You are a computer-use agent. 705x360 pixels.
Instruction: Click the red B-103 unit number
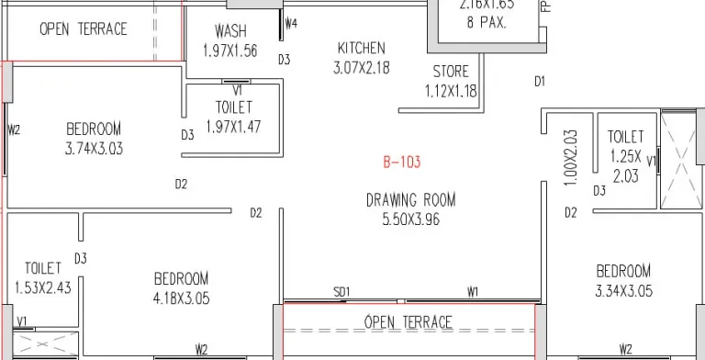coord(401,163)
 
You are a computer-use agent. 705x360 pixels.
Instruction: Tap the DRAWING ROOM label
coord(410,200)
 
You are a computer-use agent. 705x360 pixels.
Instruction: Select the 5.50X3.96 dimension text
coord(410,219)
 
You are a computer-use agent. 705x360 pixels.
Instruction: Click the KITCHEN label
coord(361,48)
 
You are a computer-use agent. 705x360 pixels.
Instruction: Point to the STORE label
coord(451,72)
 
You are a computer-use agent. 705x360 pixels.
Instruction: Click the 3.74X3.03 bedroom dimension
coord(94,149)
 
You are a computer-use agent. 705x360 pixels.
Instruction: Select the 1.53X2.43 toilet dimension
coord(43,287)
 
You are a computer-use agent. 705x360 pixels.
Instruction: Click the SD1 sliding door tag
coord(341,292)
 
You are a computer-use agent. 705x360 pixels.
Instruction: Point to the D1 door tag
coord(540,82)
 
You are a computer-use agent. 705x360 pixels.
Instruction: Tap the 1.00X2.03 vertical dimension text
coord(570,158)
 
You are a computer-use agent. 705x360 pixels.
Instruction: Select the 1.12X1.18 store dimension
coord(451,91)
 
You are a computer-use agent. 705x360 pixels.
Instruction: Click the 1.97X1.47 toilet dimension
coord(233,127)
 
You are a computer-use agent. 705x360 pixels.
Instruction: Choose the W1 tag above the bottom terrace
coord(473,292)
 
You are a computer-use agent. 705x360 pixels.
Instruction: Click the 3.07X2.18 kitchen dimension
coord(361,67)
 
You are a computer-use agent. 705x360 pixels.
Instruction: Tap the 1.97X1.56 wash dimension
coord(229,51)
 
